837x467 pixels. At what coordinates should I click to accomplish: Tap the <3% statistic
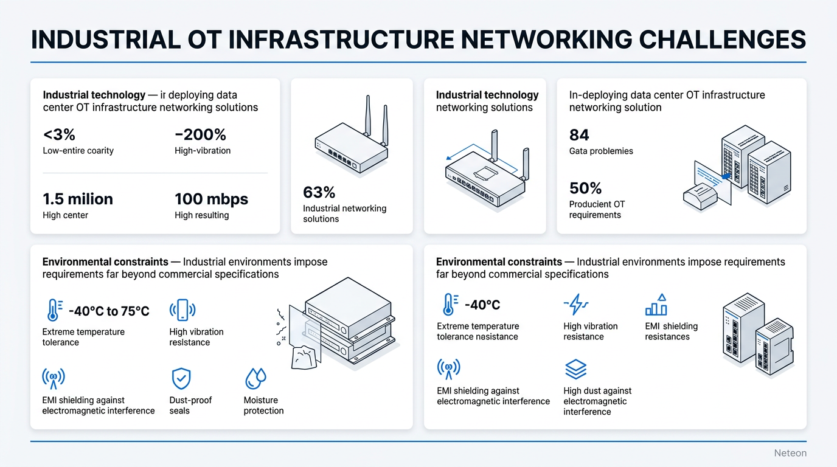click(59, 134)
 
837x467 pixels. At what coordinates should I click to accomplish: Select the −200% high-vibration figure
click(200, 134)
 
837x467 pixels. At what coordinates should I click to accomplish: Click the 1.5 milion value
click(78, 199)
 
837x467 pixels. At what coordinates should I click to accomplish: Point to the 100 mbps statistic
click(212, 199)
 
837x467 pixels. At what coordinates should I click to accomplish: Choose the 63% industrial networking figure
click(319, 193)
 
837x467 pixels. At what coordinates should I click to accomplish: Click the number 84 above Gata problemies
click(579, 135)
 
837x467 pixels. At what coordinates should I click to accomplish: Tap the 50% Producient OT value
click(585, 188)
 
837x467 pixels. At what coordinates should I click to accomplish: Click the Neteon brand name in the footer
click(790, 453)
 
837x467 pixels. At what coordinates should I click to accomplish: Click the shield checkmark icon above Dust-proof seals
click(181, 378)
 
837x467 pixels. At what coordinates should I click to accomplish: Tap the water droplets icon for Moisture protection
click(255, 378)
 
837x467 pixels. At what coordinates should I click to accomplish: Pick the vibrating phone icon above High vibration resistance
click(182, 310)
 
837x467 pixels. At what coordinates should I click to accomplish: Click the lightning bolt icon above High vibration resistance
click(576, 304)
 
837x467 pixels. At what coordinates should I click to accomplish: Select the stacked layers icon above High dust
click(575, 368)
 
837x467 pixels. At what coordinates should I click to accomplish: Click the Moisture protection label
click(263, 406)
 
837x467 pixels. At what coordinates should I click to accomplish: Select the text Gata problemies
click(601, 151)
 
